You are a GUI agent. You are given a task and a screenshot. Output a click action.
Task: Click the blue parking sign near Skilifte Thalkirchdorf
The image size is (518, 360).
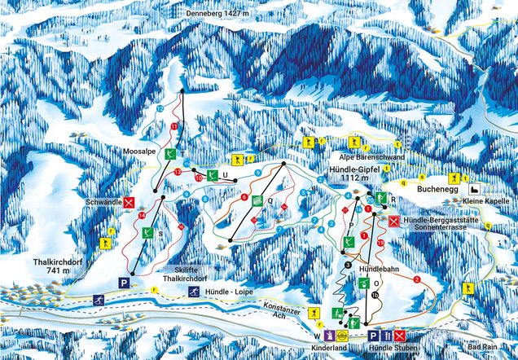tap(124, 282)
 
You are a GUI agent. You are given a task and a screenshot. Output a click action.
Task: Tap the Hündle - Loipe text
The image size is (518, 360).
tap(231, 292)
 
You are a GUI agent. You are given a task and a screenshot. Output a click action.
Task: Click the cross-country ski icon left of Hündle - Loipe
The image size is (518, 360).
tap(194, 292)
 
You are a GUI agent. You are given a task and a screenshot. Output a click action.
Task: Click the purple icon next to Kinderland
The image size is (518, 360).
tap(328, 336)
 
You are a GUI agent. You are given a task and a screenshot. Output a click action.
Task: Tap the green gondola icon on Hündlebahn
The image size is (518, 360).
tap(364, 283)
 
